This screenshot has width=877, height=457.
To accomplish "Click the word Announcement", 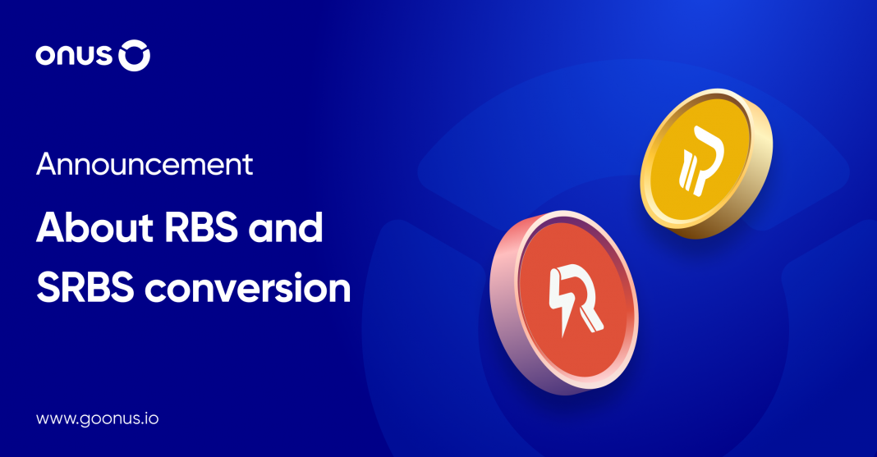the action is click(x=145, y=164).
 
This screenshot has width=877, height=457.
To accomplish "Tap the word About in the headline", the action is click(x=94, y=227).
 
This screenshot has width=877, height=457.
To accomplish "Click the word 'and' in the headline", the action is click(x=286, y=227).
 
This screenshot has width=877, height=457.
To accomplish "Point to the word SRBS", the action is click(x=85, y=287).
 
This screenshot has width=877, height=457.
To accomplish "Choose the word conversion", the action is click(x=248, y=288).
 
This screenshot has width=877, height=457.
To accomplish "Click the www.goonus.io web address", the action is click(x=98, y=419).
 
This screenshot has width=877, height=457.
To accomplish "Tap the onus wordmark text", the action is click(x=75, y=56).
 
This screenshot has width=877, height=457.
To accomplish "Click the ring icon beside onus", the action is click(x=134, y=55).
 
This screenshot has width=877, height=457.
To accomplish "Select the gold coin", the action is click(x=706, y=163).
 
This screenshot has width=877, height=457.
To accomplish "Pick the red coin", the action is click(x=564, y=302).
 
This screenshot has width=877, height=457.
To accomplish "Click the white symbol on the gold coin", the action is click(x=700, y=161).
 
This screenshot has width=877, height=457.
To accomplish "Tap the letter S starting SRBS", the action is click(x=48, y=287).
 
